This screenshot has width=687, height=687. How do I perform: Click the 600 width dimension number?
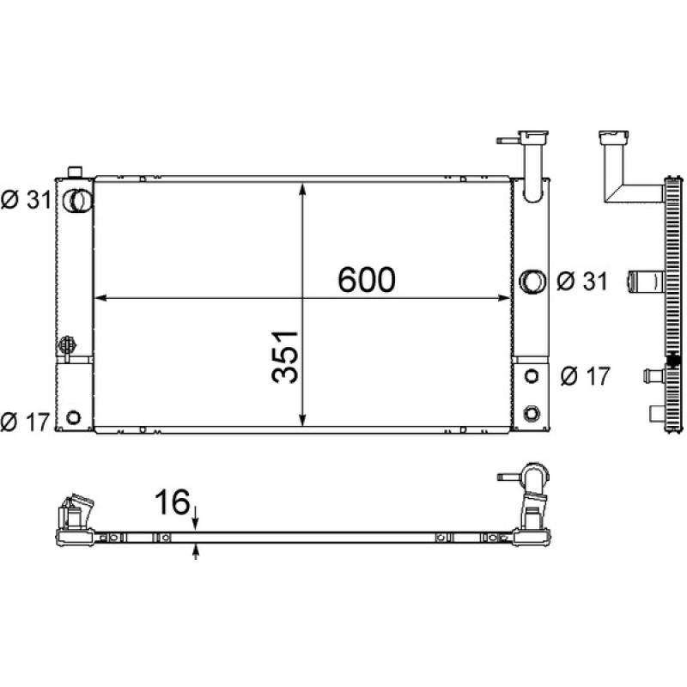coord(367,280)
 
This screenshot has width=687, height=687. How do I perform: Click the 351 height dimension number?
coord(285,357)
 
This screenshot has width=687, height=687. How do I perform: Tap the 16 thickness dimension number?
coord(173,502)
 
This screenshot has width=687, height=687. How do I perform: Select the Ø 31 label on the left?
coord(26,200)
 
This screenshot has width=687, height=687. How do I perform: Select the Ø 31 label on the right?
coord(582,281)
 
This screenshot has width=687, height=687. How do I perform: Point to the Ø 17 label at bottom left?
coord(25,422)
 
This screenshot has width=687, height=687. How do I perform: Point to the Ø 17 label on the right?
coord(586,376)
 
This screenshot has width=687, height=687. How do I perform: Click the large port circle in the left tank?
coord(77,201)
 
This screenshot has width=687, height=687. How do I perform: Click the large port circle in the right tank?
coord(532,282)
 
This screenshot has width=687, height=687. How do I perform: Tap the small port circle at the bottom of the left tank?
coord(73,416)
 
